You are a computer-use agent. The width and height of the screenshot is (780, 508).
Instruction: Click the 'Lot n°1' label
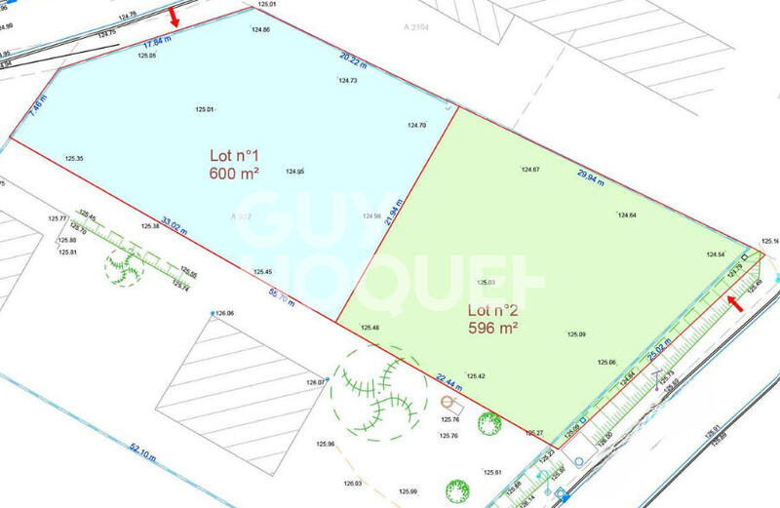point(233,155)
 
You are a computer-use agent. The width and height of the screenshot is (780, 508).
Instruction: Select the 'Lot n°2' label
point(491,311)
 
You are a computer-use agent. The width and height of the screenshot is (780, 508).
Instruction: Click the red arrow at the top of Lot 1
point(175,17)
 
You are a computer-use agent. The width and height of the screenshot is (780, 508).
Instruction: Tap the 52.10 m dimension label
point(142,449)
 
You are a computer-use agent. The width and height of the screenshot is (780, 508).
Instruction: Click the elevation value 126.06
point(224,313)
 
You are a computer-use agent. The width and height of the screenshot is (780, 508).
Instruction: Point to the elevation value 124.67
point(529,170)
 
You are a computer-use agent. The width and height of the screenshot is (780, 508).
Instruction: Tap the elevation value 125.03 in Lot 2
point(486,283)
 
